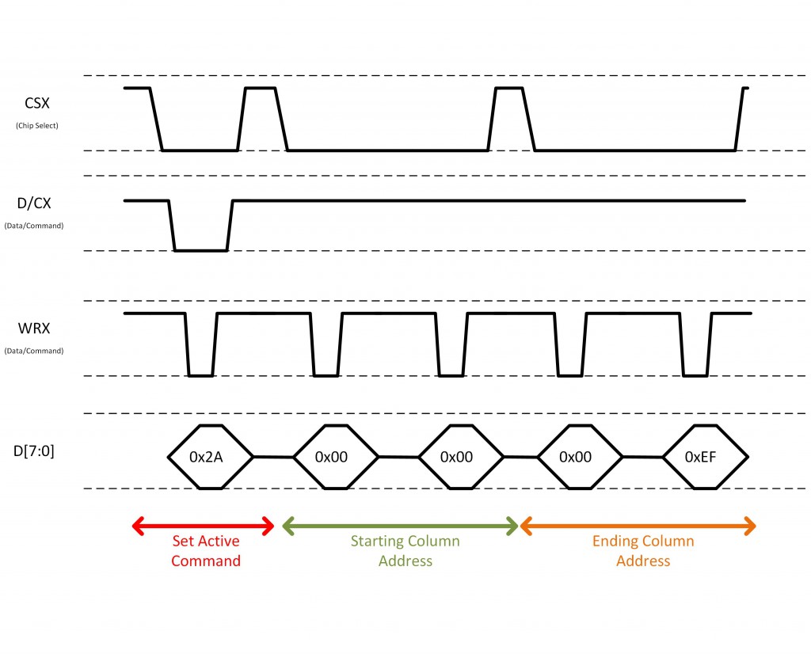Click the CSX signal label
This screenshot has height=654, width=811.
coord(37,103)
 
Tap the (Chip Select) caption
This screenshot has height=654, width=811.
coord(37,126)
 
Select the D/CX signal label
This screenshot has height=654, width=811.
coord(34,203)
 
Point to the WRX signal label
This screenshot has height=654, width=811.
coord(34,329)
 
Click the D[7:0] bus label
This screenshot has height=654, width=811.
coord(33,451)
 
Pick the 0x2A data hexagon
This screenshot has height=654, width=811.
coord(211,457)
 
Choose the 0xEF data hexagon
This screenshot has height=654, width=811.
coord(706,457)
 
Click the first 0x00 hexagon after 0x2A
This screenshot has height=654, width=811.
coord(336,457)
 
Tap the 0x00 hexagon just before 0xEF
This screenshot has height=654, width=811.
coord(580,457)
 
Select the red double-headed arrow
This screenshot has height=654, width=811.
coord(204,527)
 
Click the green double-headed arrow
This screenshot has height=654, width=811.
coord(400,527)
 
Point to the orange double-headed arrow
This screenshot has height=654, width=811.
coord(638,527)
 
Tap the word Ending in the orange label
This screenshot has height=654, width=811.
coord(614,542)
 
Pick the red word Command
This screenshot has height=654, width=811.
coord(206,561)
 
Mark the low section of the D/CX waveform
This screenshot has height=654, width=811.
coord(200,251)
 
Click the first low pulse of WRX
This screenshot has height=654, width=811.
coord(200,375)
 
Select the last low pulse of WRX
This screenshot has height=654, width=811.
coord(695,375)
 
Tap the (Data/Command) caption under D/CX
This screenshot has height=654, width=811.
coord(34,226)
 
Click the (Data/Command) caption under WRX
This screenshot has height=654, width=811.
coord(34,351)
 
